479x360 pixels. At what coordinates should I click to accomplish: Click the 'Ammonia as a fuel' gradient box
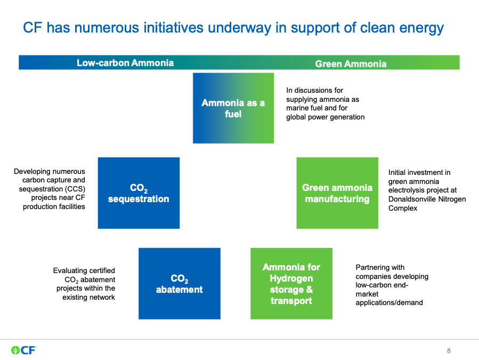[x=233, y=108]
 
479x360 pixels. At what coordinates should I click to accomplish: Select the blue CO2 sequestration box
[x=139, y=193]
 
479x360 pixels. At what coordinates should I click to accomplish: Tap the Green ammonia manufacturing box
[x=337, y=193]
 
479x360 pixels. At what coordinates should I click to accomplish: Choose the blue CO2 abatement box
[x=180, y=284]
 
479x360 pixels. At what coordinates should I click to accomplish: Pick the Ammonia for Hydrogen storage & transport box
[x=291, y=284]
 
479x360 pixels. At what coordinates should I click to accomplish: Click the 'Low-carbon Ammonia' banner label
[x=125, y=63]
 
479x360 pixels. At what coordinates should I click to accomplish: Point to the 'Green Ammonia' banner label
[x=351, y=64]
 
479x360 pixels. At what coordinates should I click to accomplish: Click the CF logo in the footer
[x=23, y=350]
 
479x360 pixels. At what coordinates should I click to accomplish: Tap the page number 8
[x=449, y=351]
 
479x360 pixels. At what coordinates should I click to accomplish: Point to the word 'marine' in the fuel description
[x=296, y=108]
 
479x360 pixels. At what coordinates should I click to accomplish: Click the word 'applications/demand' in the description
[x=389, y=303]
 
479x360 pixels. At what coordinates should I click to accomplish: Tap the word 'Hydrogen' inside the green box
[x=291, y=278]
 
